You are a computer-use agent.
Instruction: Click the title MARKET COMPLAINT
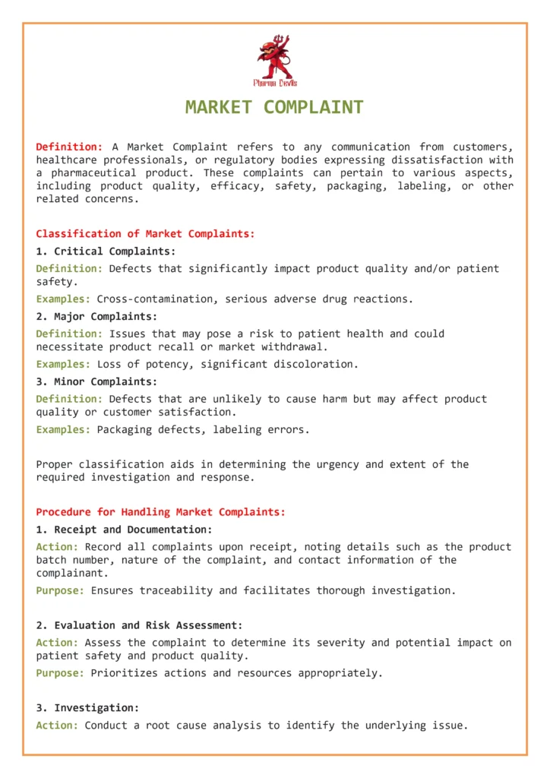(x=274, y=107)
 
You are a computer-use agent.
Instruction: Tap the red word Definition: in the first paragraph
(x=69, y=147)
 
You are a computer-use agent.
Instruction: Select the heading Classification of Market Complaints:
(x=145, y=234)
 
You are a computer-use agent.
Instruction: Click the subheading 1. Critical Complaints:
(x=106, y=251)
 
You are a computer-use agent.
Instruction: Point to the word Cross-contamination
(x=157, y=299)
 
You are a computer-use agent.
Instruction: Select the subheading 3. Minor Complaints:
(x=96, y=382)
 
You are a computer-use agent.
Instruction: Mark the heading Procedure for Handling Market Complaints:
(x=160, y=512)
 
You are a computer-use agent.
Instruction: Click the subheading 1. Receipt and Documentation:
(x=124, y=530)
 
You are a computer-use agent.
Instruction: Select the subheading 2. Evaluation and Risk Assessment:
(x=139, y=625)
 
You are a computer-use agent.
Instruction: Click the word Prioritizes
(x=121, y=673)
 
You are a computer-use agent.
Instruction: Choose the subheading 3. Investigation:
(x=87, y=708)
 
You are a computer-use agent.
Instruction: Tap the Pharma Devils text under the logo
(x=275, y=83)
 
